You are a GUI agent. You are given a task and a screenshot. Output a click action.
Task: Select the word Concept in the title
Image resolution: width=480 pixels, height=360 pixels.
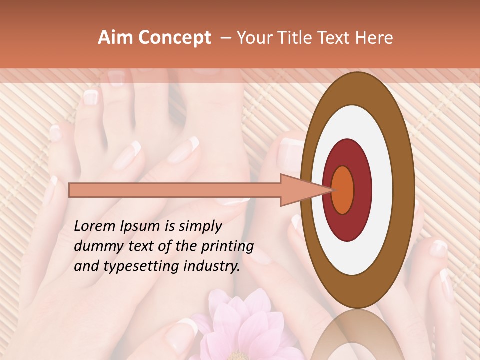pos(174,38)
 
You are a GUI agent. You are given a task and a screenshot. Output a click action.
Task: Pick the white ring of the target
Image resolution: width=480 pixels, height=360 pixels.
pos(385,190)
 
